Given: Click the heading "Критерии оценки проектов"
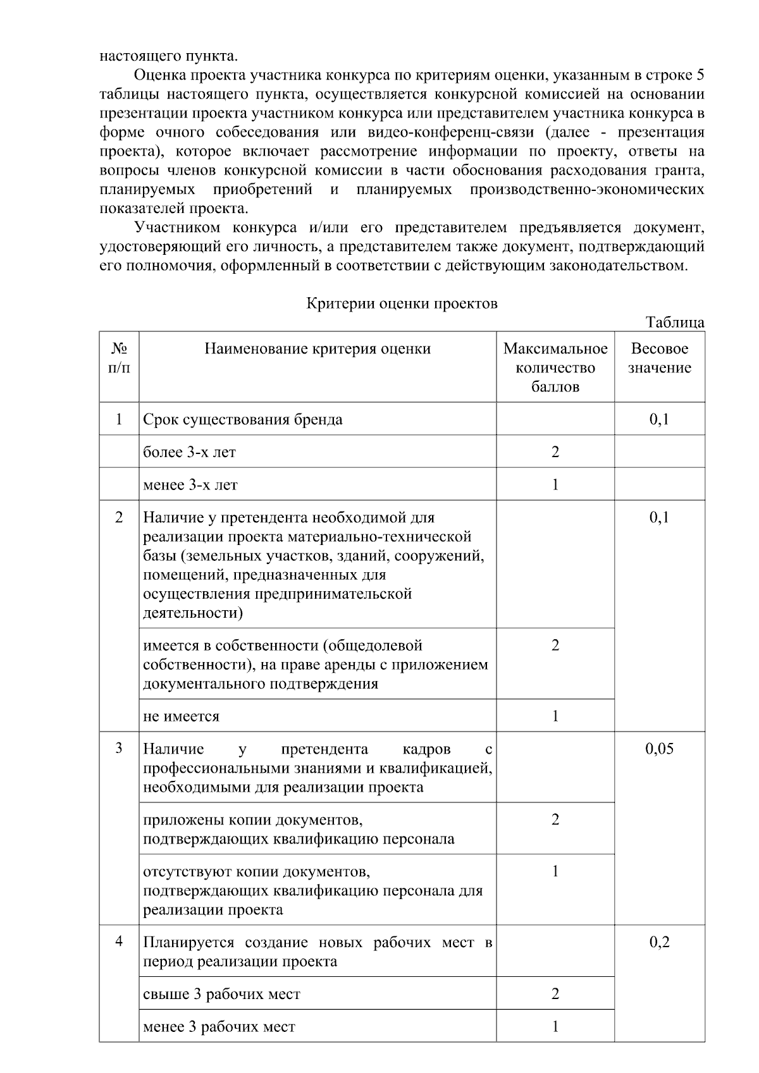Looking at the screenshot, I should pos(402,304).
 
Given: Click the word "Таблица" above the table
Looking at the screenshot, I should pos(675,322).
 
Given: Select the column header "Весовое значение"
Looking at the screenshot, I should pos(659,359).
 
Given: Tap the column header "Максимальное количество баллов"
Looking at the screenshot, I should pos(555,368).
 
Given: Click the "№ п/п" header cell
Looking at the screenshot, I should pos(119,359).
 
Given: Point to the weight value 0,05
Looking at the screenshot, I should pos(659,749).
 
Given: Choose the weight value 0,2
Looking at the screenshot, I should pos(659,943).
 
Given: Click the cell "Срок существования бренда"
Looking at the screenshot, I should pos(243,420).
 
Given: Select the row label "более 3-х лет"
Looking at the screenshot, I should pos(189,453).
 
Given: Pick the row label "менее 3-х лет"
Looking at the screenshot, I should pos(190,486).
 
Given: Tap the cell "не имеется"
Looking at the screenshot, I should pos(181,717).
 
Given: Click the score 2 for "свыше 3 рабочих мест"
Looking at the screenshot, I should pos(555,995).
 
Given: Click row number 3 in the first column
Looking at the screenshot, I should pos(119,749).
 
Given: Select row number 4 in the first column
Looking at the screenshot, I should pos(119,943).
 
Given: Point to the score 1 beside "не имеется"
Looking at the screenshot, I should pos(555,717).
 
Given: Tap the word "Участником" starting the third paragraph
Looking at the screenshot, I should pos(177,228).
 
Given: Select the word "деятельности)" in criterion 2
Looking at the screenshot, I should pos(193,613).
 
